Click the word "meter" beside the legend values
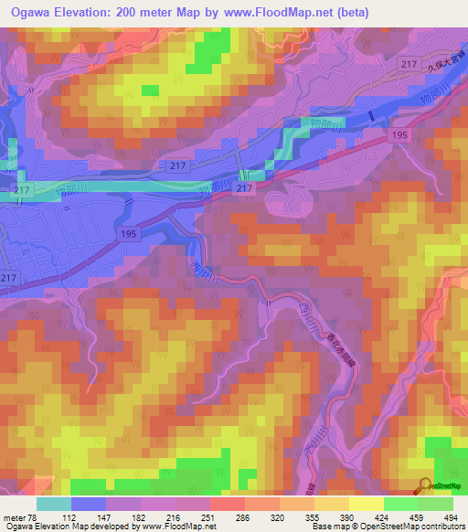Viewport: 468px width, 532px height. pos(16,517)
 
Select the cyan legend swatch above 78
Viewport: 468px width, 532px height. pos(54,504)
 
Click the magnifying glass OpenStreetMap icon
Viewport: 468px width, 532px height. pos(424,486)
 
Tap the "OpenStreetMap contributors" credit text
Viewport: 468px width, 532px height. pos(416,527)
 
